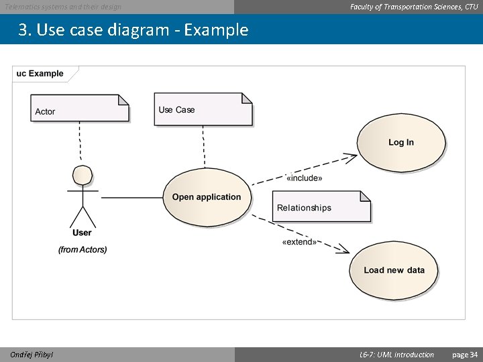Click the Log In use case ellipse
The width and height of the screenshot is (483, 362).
(400, 143)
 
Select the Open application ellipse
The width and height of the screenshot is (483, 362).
(207, 197)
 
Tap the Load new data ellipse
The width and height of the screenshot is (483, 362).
(394, 270)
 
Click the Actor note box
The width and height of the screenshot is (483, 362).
(80, 109)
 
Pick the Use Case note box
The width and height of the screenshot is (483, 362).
(203, 109)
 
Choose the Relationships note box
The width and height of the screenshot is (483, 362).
(321, 207)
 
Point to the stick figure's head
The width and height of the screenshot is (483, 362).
(83, 175)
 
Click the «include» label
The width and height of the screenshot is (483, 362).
(304, 178)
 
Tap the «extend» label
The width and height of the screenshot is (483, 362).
(299, 242)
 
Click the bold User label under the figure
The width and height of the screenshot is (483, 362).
(82, 233)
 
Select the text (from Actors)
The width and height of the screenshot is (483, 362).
(83, 249)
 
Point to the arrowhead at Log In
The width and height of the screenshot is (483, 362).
(352, 158)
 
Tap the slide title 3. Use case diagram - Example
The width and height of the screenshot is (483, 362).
(133, 31)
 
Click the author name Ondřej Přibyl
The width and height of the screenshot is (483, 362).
(32, 355)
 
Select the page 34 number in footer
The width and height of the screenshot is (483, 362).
(465, 355)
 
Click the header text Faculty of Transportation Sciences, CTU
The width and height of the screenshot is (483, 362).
(414, 7)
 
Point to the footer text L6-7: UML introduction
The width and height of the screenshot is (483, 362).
(396, 355)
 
